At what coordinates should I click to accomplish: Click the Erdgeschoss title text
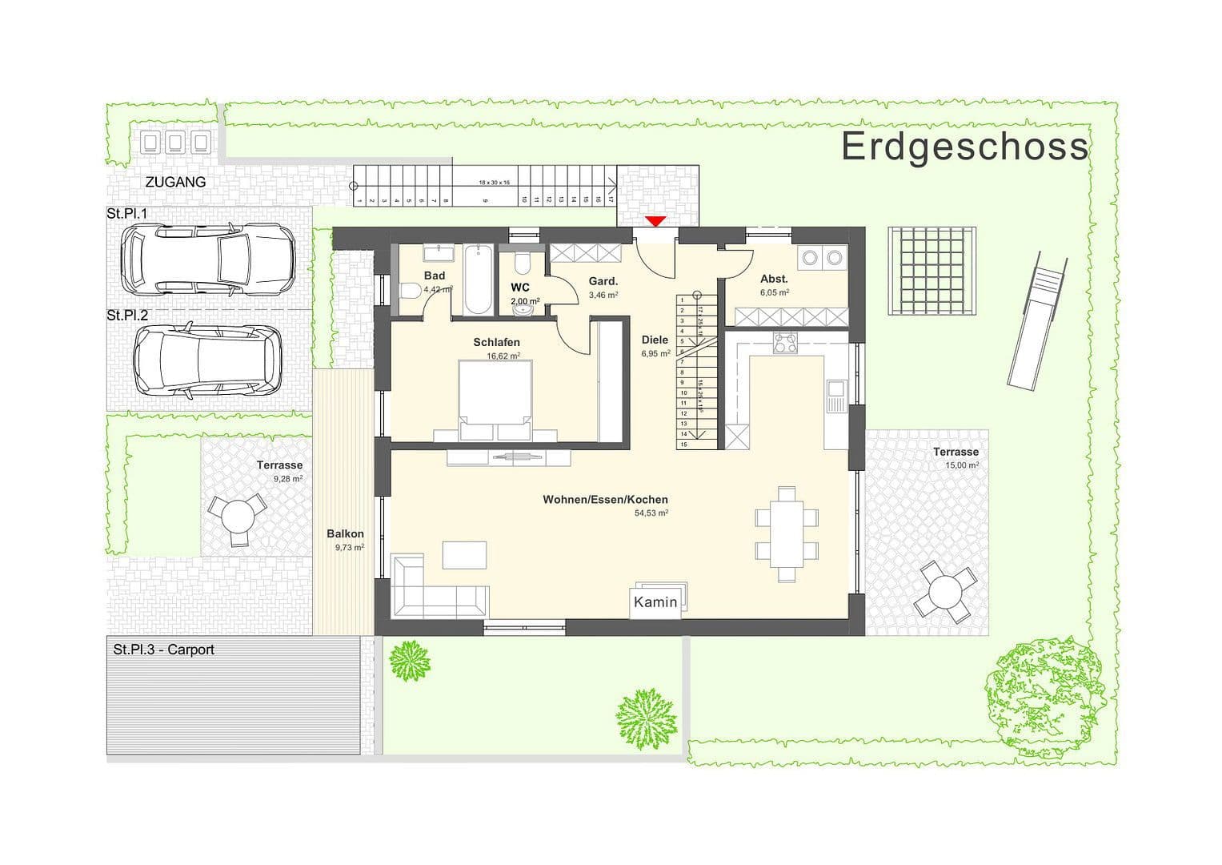pos(964,147)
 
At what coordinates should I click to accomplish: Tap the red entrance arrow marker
pos(656,221)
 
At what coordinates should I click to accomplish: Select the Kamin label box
pos(656,602)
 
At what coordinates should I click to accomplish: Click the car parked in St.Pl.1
pos(207,257)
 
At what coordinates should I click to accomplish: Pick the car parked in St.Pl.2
pos(207,360)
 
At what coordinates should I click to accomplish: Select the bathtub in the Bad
pos(479,280)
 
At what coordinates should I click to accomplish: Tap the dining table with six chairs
pos(787,533)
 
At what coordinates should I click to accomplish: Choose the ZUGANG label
pos(175,182)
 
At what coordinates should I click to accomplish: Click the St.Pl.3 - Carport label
pos(164,650)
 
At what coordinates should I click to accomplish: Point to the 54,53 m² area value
pos(651,514)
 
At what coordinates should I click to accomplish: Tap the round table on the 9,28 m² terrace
pos(237,517)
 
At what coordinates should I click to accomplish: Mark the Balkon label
pos(345,533)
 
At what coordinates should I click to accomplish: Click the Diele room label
pos(654,340)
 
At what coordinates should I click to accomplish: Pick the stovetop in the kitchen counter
pos(784,343)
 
